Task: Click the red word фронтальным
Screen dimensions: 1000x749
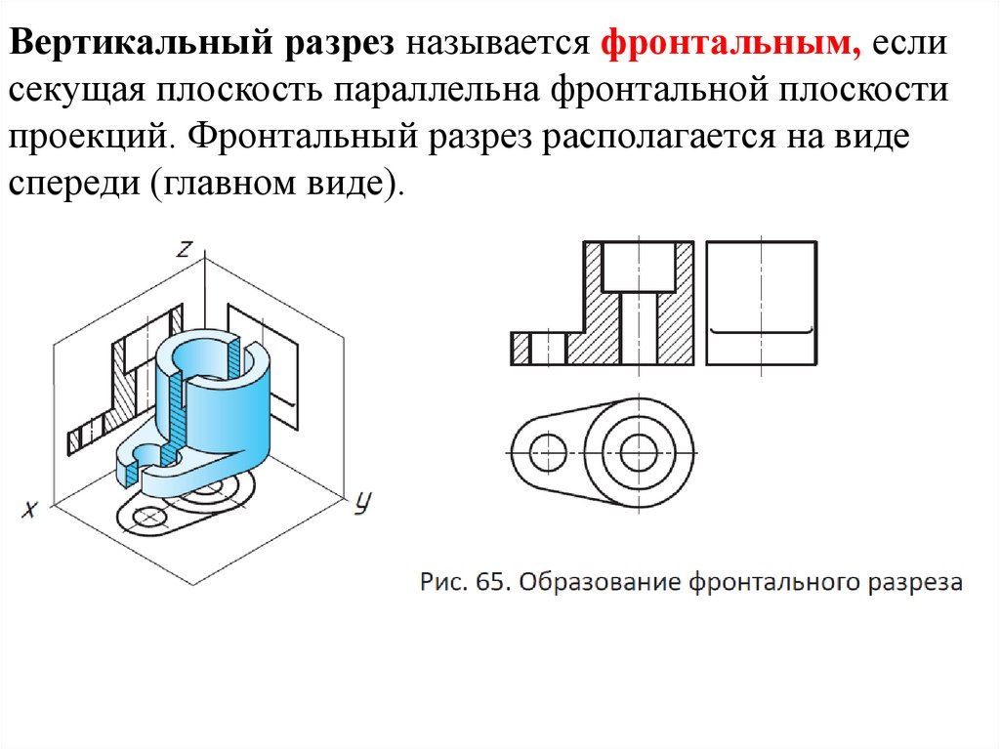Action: coord(730,43)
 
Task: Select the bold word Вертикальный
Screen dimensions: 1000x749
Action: coord(142,43)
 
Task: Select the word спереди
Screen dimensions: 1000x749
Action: coord(74,185)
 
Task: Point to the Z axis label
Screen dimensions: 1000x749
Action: coord(185,248)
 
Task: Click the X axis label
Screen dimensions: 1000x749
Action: coord(29,509)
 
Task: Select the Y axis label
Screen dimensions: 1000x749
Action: coord(362,503)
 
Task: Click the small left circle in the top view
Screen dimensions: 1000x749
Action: coord(548,453)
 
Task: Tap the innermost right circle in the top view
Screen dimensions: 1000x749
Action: coord(639,454)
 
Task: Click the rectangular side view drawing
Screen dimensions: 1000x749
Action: coord(762,303)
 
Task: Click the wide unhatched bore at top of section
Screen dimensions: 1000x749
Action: coord(639,267)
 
